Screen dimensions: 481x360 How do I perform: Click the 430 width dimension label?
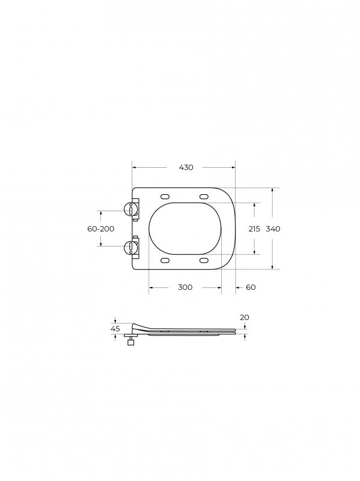[x=186, y=168]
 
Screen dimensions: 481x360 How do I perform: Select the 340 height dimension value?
[x=273, y=229]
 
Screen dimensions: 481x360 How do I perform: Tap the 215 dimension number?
[x=254, y=229]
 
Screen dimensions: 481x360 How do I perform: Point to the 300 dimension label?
[x=185, y=287]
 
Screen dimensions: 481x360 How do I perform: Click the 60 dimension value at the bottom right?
[x=251, y=287]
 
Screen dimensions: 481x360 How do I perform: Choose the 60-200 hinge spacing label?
[x=100, y=229]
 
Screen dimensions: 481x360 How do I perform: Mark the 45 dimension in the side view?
[x=115, y=329]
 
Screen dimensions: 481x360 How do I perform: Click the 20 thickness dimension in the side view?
[x=244, y=317]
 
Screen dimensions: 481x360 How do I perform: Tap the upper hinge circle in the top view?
[x=130, y=208]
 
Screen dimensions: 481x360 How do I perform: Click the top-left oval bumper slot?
[x=165, y=196]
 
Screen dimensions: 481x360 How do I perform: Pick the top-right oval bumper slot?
[x=204, y=196]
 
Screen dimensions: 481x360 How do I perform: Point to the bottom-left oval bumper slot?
[x=165, y=260]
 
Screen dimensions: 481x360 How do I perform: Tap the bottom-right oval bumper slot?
[x=204, y=260]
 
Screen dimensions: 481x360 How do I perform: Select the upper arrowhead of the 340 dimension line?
[x=273, y=191]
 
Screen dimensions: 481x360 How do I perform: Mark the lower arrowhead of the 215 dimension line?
[x=254, y=251]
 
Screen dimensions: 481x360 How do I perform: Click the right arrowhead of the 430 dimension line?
[x=233, y=168]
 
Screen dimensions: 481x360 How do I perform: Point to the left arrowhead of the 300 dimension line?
[x=151, y=287]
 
